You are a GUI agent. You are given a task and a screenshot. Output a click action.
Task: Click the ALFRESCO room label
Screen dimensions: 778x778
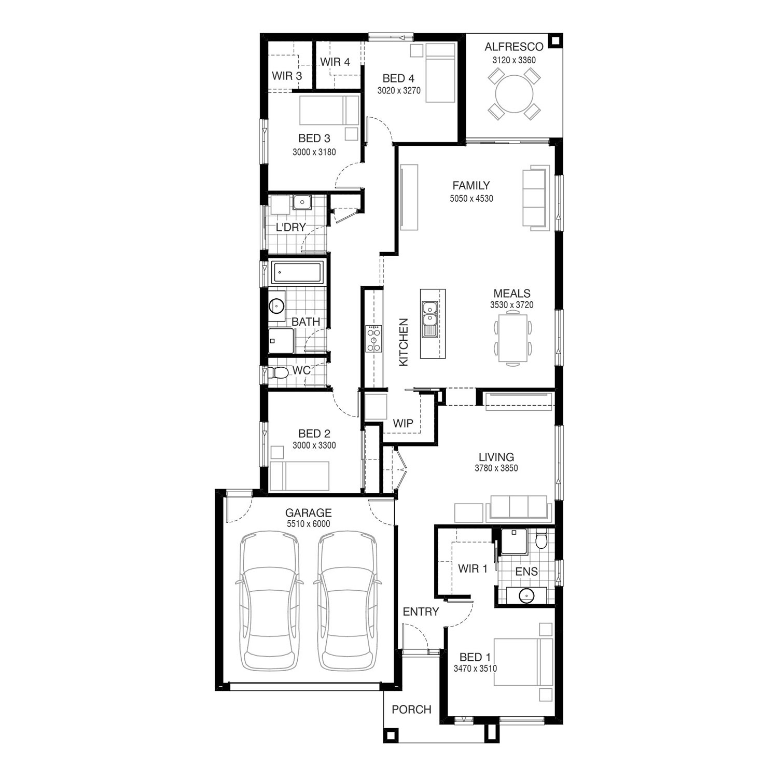pyautogui.click(x=514, y=47)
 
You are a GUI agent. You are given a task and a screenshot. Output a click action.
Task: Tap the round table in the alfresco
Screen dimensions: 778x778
pyautogui.click(x=514, y=94)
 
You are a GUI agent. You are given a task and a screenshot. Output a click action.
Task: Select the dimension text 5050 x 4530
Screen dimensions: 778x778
pyautogui.click(x=471, y=198)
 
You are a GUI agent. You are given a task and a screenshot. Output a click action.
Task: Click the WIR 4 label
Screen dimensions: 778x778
pyautogui.click(x=335, y=62)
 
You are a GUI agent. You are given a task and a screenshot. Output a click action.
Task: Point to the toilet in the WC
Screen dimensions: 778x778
pyautogui.click(x=278, y=372)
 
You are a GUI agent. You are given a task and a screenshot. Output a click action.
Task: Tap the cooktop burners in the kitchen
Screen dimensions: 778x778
pyautogui.click(x=373, y=338)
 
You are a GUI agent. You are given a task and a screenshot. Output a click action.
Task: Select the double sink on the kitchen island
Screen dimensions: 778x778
pyautogui.click(x=429, y=318)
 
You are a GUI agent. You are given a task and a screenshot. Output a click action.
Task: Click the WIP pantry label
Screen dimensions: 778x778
pyautogui.click(x=403, y=423)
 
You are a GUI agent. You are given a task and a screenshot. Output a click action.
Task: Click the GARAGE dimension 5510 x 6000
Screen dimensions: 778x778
pyautogui.click(x=308, y=524)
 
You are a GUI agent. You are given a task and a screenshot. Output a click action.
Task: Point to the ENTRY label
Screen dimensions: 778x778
pyautogui.click(x=421, y=612)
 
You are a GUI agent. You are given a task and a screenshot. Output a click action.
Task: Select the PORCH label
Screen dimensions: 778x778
pyautogui.click(x=411, y=709)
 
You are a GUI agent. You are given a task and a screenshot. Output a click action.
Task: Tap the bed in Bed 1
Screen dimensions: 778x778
pyautogui.click(x=523, y=662)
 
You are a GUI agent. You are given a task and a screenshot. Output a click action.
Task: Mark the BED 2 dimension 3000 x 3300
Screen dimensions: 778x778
pyautogui.click(x=314, y=445)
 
